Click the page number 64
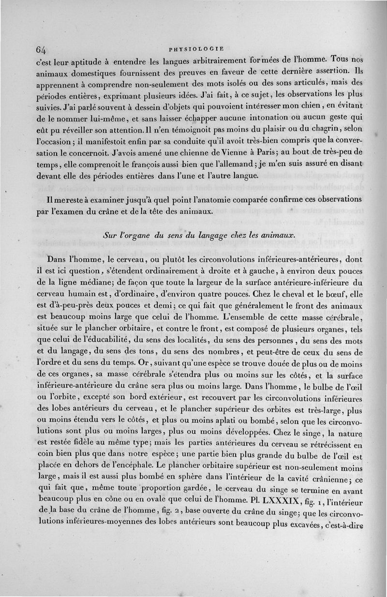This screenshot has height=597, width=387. [x=41, y=50]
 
